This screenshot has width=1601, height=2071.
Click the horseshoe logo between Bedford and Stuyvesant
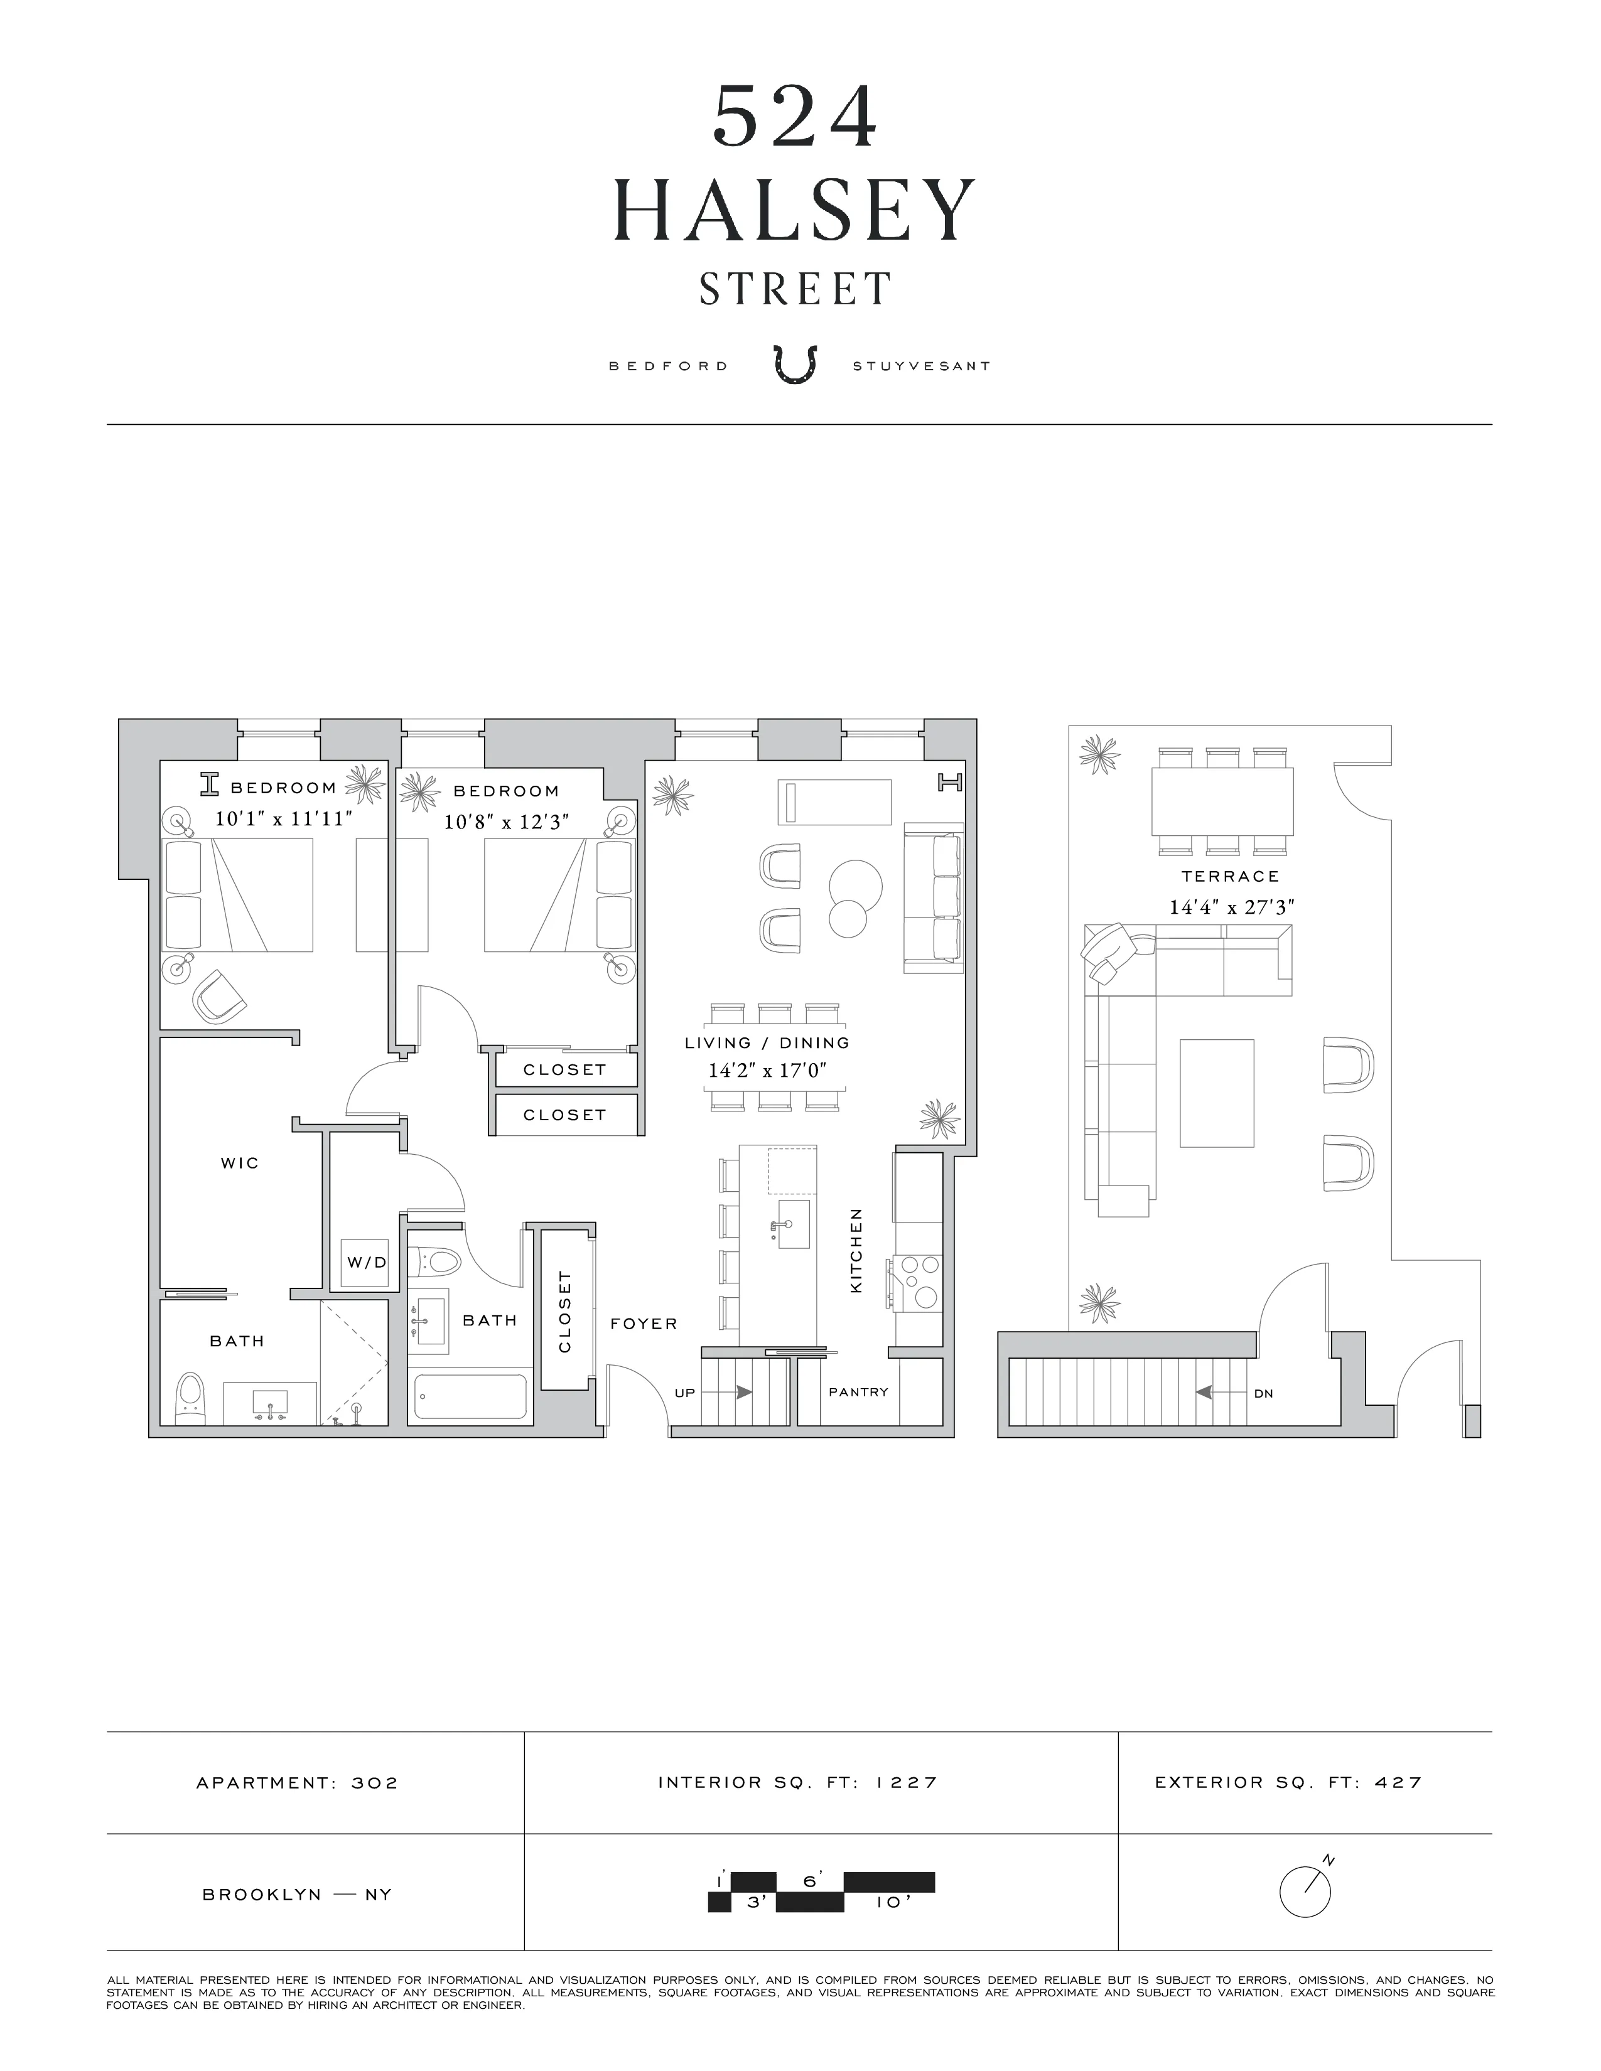(795, 365)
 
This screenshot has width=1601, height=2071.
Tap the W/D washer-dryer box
(366, 1262)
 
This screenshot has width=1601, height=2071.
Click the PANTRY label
(858, 1392)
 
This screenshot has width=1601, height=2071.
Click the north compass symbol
(1306, 1891)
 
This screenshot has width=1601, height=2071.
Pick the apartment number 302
(375, 1783)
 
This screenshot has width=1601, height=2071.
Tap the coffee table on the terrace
(1217, 1093)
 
